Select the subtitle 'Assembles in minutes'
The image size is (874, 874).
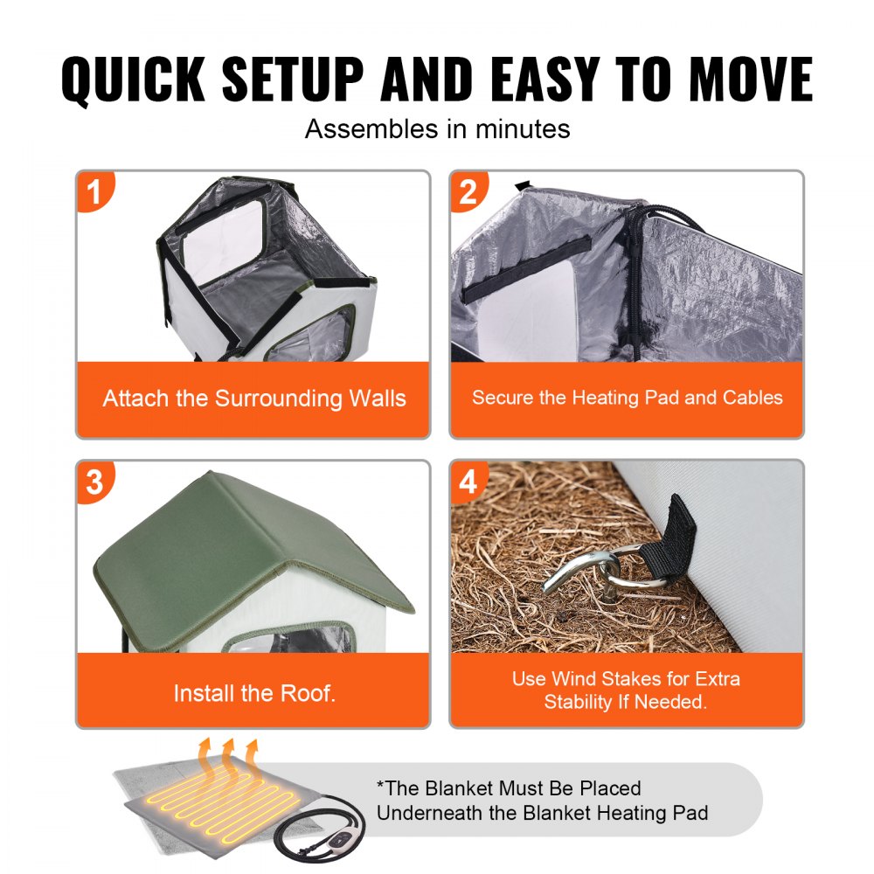click(x=437, y=129)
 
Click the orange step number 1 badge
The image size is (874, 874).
click(x=96, y=191)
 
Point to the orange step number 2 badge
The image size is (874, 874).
click(x=469, y=191)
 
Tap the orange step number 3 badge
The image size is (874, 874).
click(x=96, y=482)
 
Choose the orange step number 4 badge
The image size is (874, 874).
click(x=469, y=482)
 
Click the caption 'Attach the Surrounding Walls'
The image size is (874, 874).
click(x=253, y=399)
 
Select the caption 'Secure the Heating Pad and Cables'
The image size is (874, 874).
click(x=627, y=398)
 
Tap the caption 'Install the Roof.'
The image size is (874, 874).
click(x=253, y=694)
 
